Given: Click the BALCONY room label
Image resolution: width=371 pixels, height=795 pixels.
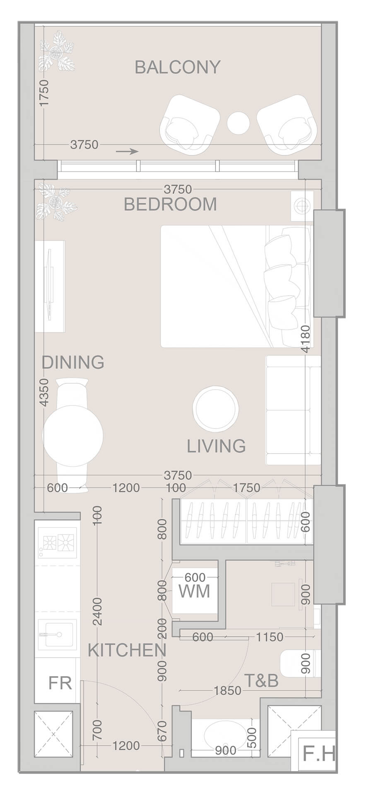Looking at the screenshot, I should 178,67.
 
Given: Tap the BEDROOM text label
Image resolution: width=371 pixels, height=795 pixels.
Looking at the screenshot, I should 170,205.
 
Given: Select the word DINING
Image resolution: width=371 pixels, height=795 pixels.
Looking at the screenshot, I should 73,362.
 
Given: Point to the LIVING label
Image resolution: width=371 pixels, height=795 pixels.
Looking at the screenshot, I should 216,446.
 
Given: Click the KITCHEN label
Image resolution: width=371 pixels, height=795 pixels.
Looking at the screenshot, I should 127,651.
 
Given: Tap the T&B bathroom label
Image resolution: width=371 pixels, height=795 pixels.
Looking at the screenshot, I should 261,681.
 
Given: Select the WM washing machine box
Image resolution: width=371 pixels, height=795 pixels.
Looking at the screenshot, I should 195,591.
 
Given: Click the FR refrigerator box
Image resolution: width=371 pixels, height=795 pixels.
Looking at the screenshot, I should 60,683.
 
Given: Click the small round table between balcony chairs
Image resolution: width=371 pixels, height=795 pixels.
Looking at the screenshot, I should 238,123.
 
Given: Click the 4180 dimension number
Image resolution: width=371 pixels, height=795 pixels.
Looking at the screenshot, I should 306,339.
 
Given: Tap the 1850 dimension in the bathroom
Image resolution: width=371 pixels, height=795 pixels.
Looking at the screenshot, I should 227,691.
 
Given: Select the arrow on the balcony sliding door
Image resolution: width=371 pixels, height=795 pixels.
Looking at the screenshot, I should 127,152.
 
